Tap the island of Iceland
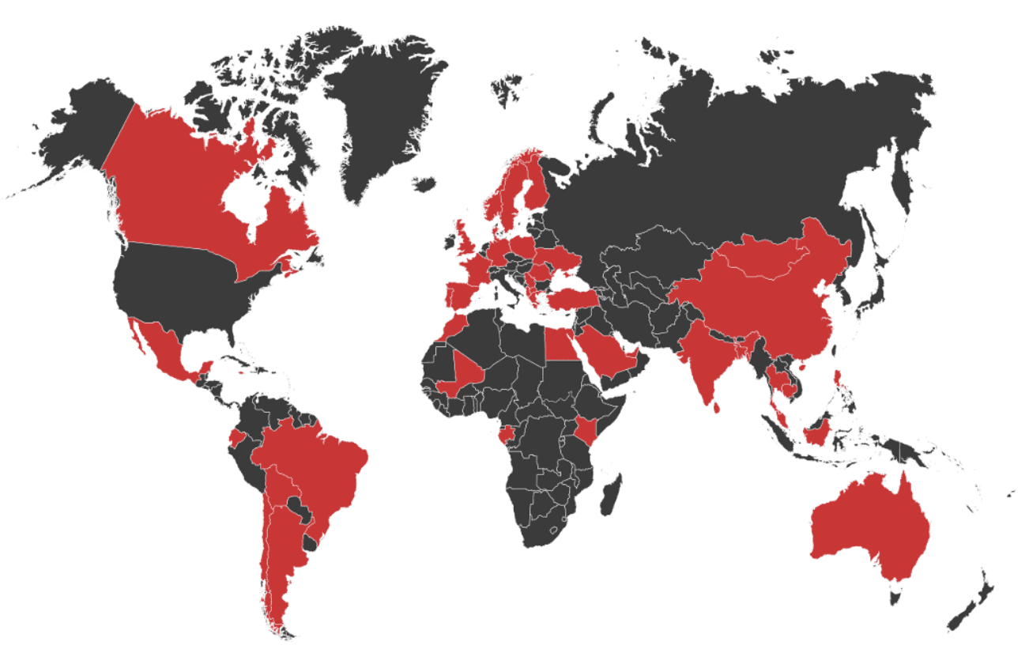click(424, 185)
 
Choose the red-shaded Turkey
click(574, 299)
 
